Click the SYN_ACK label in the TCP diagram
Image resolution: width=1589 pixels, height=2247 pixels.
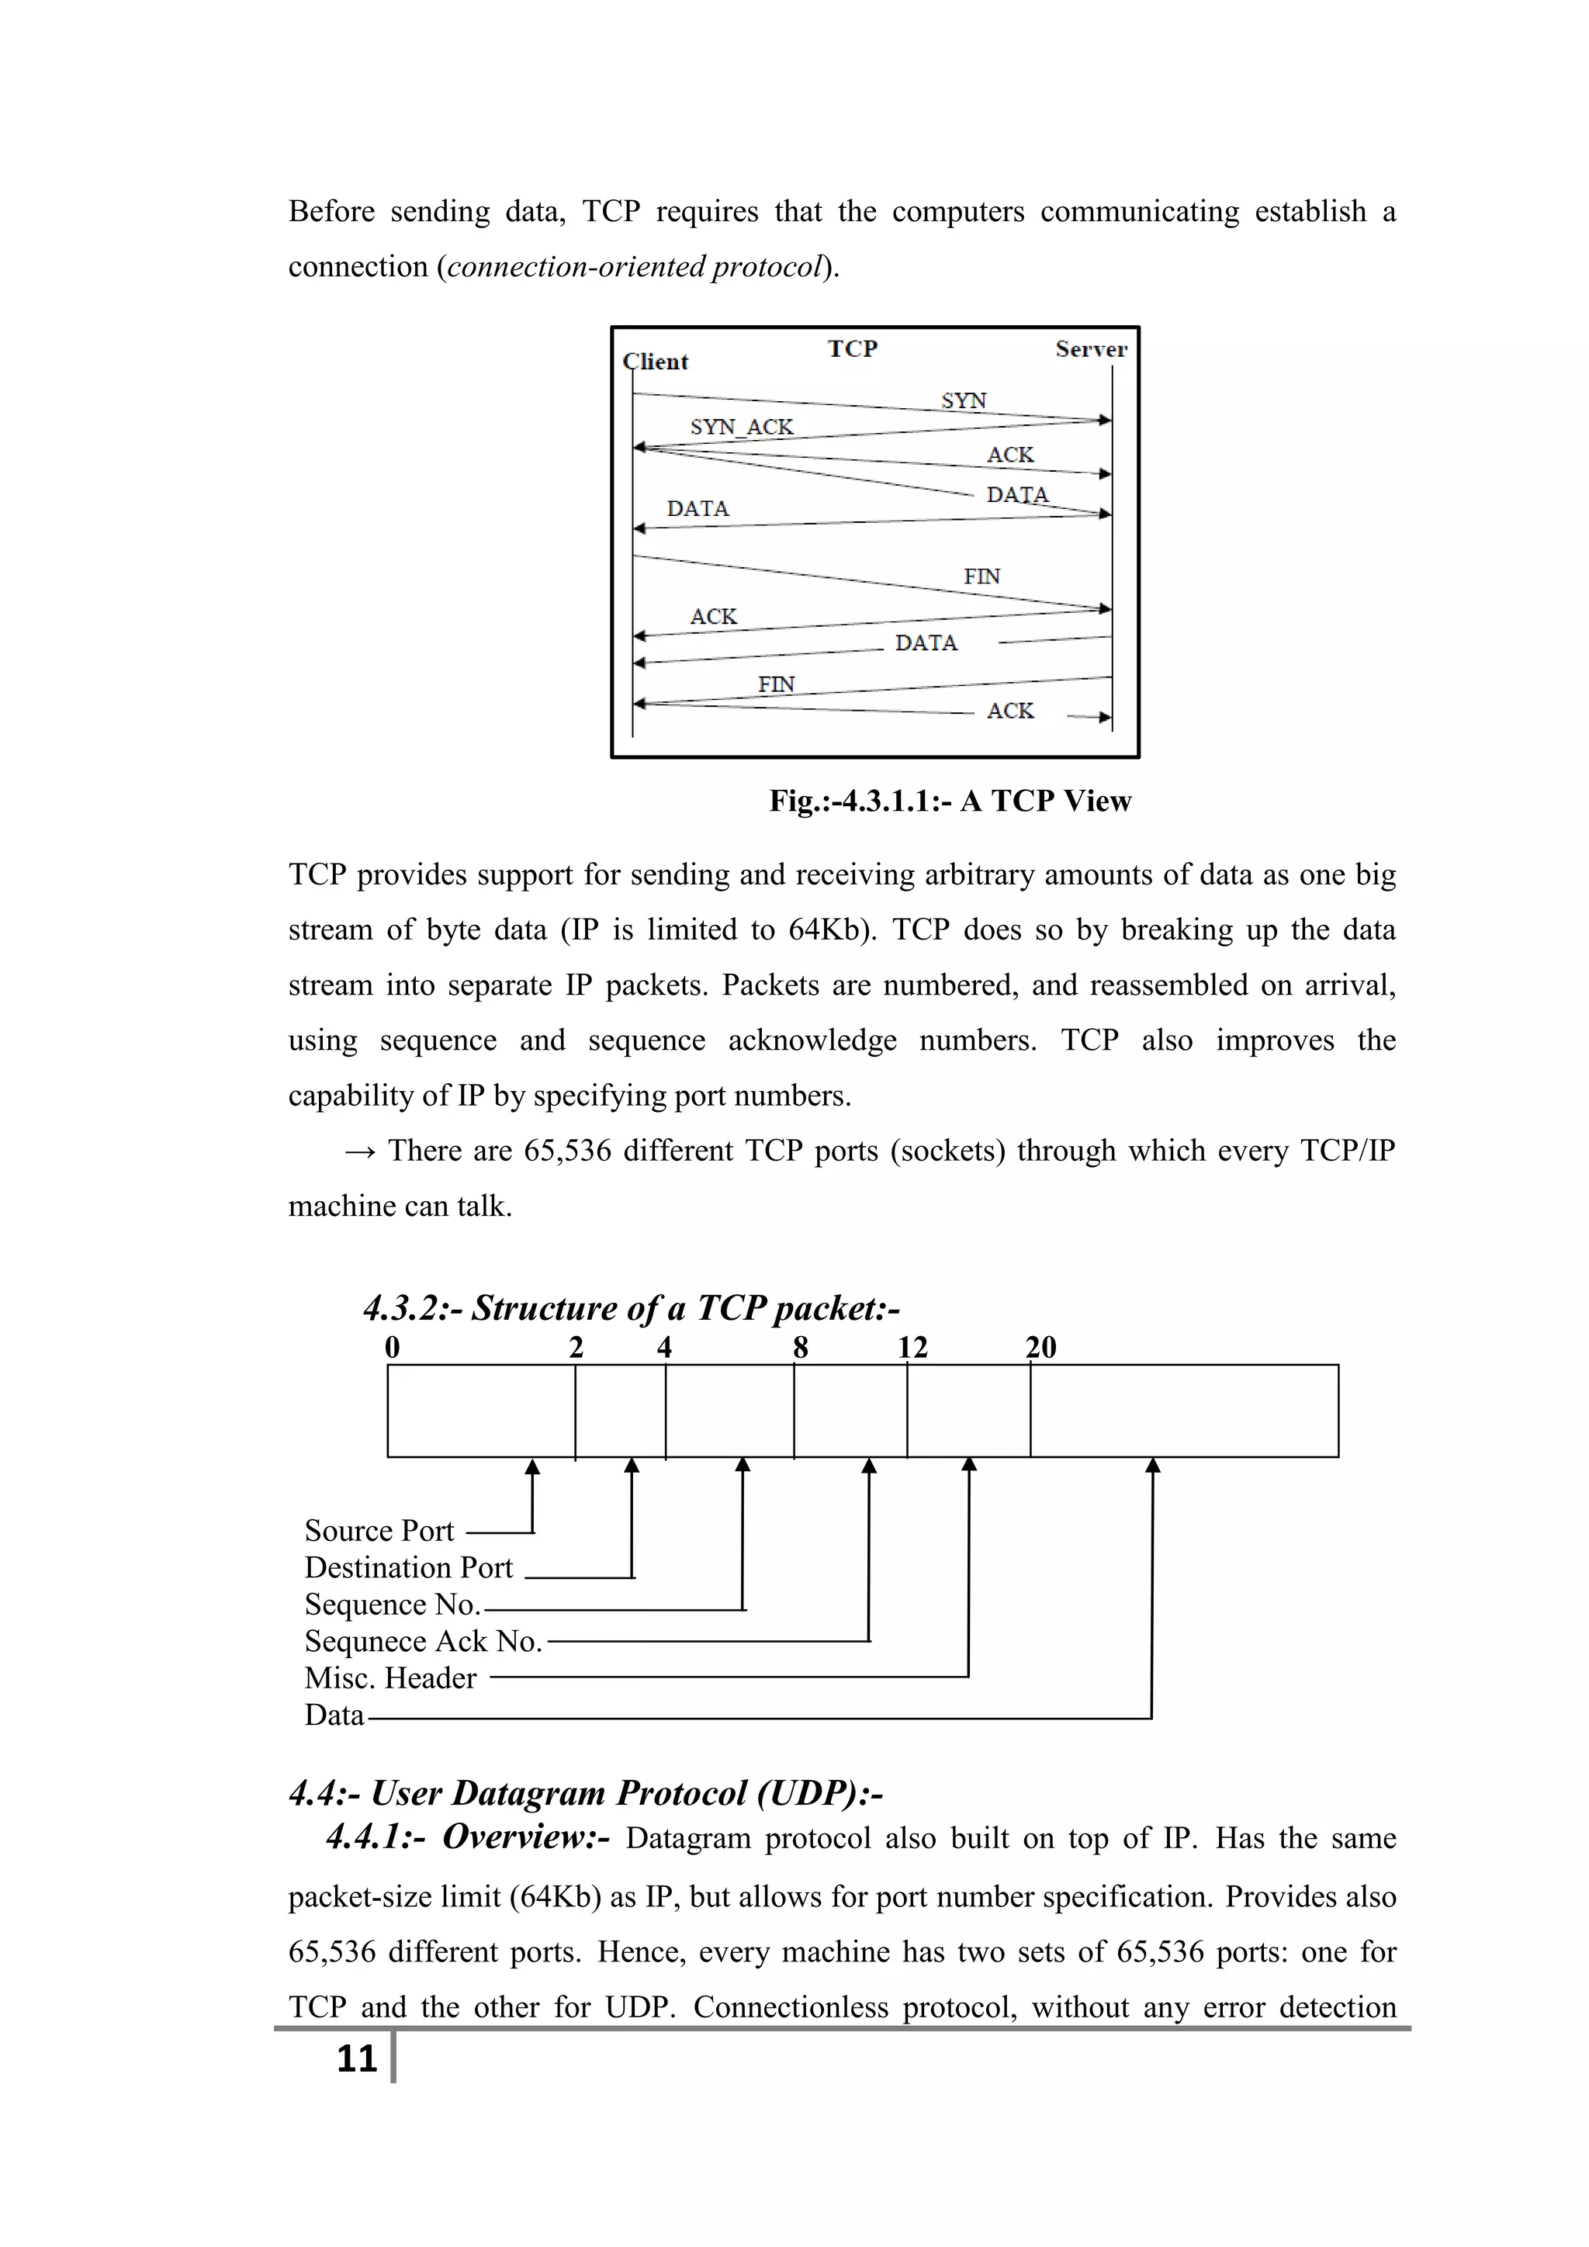point(742,427)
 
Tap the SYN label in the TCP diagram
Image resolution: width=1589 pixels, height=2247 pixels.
point(964,400)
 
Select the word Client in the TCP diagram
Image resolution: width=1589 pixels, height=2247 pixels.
point(656,361)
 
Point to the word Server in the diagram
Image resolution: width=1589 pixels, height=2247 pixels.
point(1091,349)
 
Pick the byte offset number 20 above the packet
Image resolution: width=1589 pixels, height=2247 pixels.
point(1041,1348)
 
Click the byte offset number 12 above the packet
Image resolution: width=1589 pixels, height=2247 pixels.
point(913,1348)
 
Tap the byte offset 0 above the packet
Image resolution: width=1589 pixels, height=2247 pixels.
point(393,1348)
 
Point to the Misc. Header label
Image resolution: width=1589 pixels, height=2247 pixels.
point(390,1678)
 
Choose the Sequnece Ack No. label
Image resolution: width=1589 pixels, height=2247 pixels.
point(423,1641)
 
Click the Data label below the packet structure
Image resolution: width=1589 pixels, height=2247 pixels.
point(334,1716)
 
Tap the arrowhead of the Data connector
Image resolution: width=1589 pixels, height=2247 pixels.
point(1153,1466)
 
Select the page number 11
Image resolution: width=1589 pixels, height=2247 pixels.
point(356,2058)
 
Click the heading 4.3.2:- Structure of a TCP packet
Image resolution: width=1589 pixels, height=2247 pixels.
point(632,1308)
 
